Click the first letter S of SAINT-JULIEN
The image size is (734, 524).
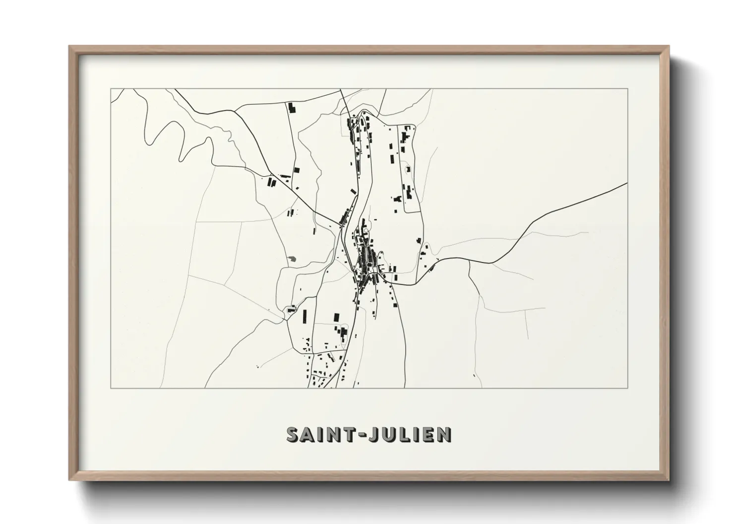[293, 434]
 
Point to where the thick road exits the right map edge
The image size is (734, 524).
[627, 183]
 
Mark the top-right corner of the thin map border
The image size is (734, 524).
[628, 89]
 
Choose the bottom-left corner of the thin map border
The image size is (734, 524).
[111, 388]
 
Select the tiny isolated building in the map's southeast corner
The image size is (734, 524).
[474, 376]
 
